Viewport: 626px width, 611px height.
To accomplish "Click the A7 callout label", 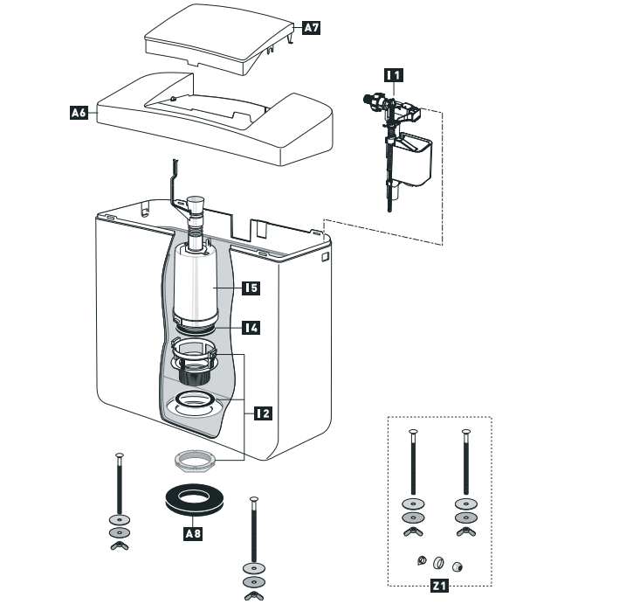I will pyautogui.click(x=312, y=28).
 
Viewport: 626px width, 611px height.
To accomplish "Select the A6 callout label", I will pyautogui.click(x=79, y=112).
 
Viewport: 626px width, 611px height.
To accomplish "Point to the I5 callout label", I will pyautogui.click(x=252, y=286).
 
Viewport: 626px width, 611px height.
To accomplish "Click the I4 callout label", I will pyautogui.click(x=251, y=328).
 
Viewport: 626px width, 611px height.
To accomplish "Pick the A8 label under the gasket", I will pyautogui.click(x=193, y=532).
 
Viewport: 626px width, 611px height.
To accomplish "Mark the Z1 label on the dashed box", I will pyautogui.click(x=440, y=587).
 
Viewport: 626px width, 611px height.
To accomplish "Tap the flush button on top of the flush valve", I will pyautogui.click(x=196, y=203).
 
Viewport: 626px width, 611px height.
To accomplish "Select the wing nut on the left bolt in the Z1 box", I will pyautogui.click(x=411, y=532).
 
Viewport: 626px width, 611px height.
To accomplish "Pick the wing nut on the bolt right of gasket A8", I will pyautogui.click(x=254, y=595).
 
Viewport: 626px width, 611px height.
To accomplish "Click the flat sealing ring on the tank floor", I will pyautogui.click(x=197, y=402).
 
